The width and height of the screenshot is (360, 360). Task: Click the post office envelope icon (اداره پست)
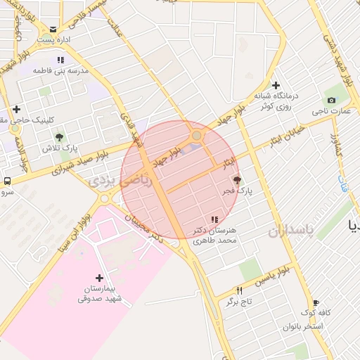point(53,30)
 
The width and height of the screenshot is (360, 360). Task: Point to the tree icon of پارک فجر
point(236,180)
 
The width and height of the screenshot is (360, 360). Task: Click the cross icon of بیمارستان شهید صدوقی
point(98,278)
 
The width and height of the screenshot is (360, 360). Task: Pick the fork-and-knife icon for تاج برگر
point(240,290)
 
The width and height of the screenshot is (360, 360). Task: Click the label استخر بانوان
point(303,327)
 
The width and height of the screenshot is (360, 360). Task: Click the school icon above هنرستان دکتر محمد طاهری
point(214,221)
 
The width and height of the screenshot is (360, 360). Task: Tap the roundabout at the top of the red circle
point(197,136)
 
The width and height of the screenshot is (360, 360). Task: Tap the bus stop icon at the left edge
point(6,181)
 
